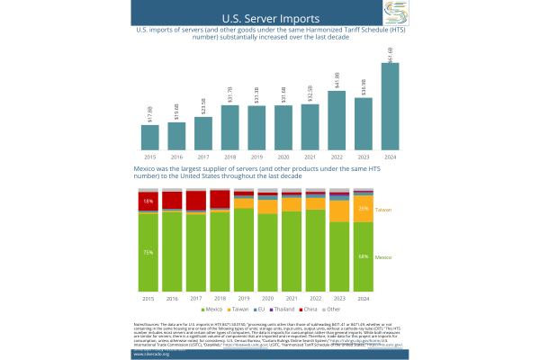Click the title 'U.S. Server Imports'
[x=270, y=17]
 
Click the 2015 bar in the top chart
[x=150, y=137]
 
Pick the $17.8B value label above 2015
[x=150, y=113]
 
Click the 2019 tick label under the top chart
[x=256, y=156]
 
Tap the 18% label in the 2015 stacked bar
[x=148, y=202]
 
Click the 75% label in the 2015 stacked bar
[x=148, y=252]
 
